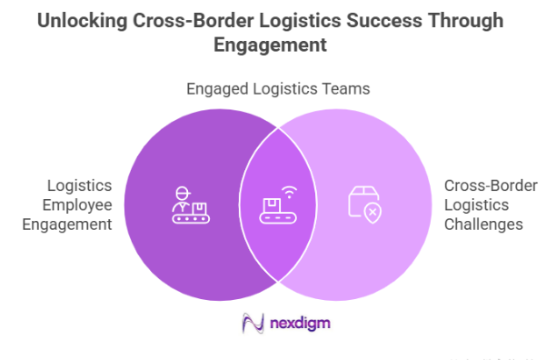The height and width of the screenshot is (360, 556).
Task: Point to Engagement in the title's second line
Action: (278, 45)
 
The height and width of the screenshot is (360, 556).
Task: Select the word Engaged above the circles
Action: (217, 88)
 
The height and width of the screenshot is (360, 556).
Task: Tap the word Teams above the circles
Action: (345, 88)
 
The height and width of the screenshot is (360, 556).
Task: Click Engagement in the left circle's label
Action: (72, 224)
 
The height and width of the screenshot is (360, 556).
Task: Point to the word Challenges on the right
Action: (483, 224)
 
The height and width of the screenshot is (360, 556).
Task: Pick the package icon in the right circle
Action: (363, 202)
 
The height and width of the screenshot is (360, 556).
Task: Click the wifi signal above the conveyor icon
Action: (288, 192)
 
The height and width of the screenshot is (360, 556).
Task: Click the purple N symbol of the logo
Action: (252, 321)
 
